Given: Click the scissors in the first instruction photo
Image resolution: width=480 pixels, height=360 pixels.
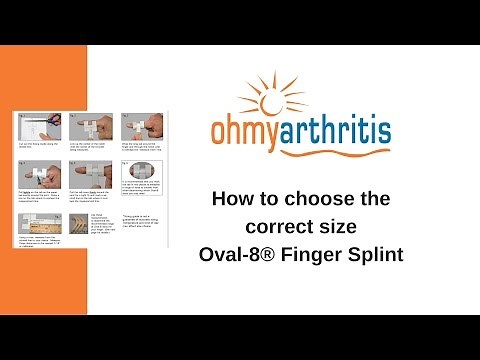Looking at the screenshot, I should point(55,118).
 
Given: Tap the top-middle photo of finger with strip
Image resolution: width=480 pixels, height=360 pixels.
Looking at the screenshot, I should point(91,124).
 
